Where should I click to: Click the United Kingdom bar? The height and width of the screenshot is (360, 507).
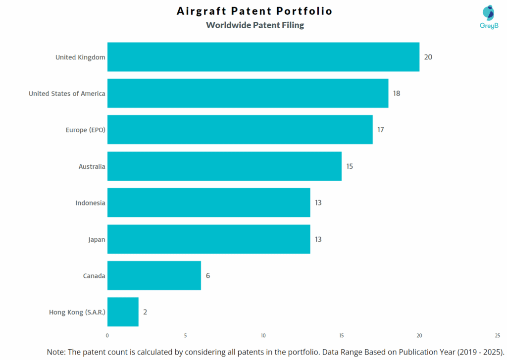tap(263, 57)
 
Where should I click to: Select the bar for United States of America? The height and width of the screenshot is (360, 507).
tap(248, 93)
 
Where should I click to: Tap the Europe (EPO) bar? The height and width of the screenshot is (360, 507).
tap(240, 130)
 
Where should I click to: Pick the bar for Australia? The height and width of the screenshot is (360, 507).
tap(224, 166)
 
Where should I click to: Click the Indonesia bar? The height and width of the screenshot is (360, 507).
tap(208, 203)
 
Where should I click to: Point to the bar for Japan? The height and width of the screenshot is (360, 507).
tap(208, 239)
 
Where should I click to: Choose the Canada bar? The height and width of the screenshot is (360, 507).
tap(154, 275)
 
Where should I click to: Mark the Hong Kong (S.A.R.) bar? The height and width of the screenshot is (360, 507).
tap(123, 312)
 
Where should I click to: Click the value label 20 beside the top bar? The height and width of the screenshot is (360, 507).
tap(428, 57)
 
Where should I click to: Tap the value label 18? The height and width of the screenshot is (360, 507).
tap(397, 93)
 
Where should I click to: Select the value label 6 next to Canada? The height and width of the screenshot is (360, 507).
tap(208, 275)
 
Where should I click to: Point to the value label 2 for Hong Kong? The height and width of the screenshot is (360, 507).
tap(145, 312)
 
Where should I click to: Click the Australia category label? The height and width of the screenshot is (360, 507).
tap(92, 166)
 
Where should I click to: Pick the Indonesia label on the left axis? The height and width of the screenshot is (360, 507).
tap(90, 203)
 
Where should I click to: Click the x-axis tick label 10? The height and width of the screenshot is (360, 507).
tap(263, 335)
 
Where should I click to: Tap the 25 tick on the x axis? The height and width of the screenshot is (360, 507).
tap(497, 335)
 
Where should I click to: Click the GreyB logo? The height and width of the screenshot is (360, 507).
tap(488, 17)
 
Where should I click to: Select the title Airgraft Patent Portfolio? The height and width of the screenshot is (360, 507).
tap(254, 11)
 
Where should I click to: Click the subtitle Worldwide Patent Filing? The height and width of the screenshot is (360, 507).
tap(254, 25)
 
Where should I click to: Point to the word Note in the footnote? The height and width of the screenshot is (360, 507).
tap(56, 352)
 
